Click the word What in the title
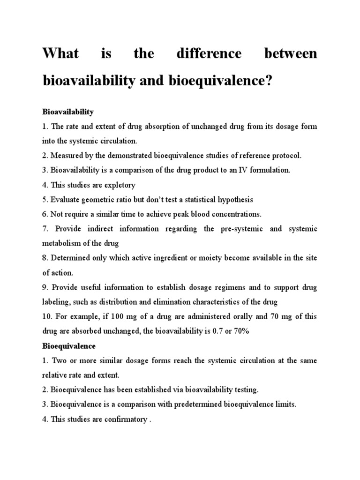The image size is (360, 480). click(60, 54)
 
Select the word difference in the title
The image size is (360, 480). click(209, 54)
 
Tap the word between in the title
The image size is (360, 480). click(291, 54)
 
